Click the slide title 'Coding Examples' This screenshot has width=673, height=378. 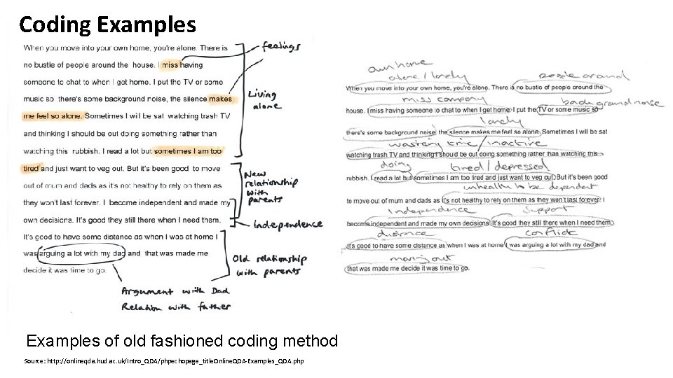click(x=107, y=25)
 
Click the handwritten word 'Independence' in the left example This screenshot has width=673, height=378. click(x=287, y=224)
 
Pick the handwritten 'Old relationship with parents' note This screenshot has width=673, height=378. click(x=270, y=265)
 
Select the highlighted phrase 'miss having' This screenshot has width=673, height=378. click(x=181, y=65)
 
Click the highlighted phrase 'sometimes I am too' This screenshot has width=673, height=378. click(x=187, y=150)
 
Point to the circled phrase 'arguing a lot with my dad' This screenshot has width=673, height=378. click(x=81, y=253)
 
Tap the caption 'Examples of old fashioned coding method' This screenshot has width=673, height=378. click(x=182, y=341)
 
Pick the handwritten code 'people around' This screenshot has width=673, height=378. click(x=580, y=76)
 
